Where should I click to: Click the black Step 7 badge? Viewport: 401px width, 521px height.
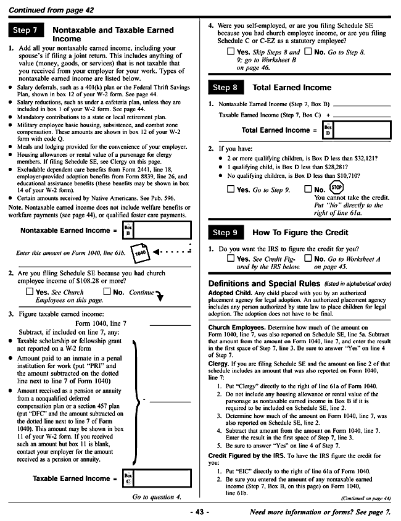pyautogui.click(x=25, y=30)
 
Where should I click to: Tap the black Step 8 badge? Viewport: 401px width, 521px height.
pyautogui.click(x=225, y=88)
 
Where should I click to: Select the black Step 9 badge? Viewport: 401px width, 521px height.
pyautogui.click(x=225, y=233)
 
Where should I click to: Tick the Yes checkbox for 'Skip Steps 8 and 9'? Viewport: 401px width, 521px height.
pyautogui.click(x=231, y=53)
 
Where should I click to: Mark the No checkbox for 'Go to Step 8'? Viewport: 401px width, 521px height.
pyautogui.click(x=308, y=53)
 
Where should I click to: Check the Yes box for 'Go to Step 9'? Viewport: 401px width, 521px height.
pyautogui.click(x=231, y=190)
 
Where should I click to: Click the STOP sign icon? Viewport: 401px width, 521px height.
pyautogui.click(x=337, y=187)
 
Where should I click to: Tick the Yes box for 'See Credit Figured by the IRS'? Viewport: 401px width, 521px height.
pyautogui.click(x=231, y=259)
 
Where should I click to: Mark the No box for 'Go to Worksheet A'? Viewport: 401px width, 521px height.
pyautogui.click(x=308, y=259)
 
